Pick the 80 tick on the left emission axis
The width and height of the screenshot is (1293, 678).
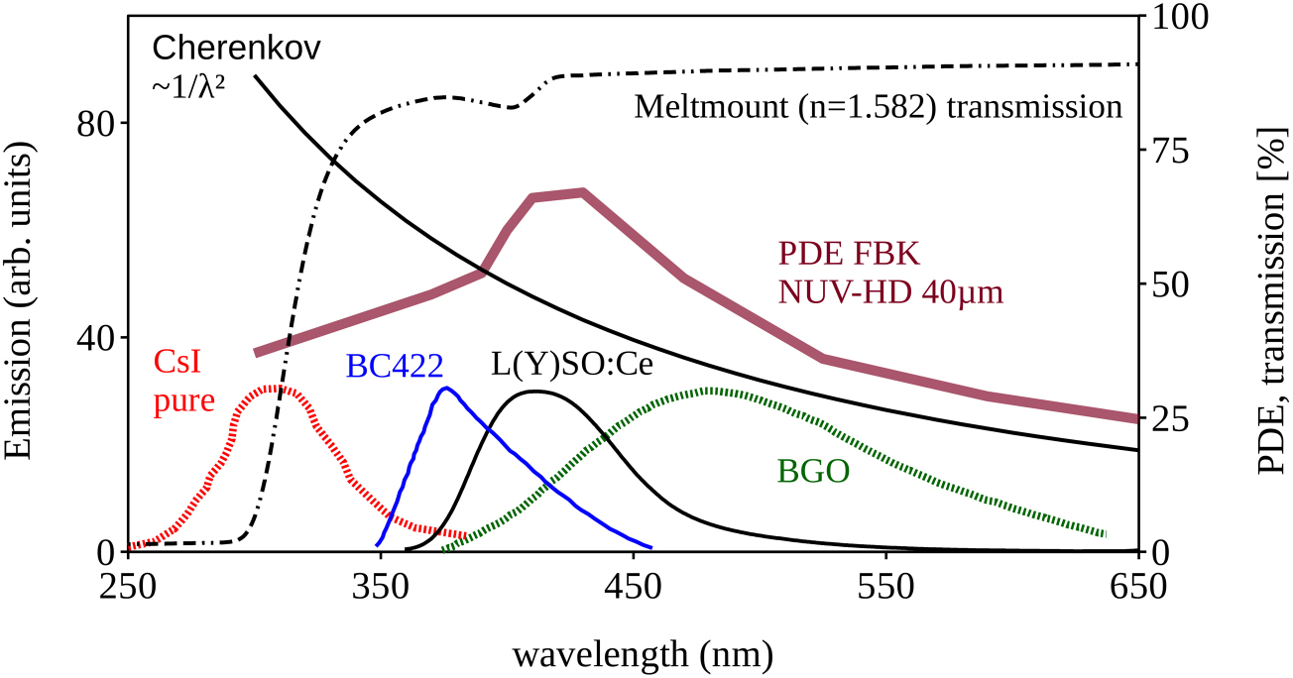tap(97, 124)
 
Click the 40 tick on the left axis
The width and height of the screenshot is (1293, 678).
tap(97, 338)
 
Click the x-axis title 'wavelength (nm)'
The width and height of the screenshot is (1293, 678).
tap(642, 654)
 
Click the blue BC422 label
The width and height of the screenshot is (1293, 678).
tap(394, 367)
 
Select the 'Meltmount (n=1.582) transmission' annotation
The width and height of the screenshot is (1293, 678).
tap(878, 106)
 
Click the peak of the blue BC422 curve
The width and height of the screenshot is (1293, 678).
tap(446, 388)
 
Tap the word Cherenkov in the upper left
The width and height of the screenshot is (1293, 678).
tap(236, 48)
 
